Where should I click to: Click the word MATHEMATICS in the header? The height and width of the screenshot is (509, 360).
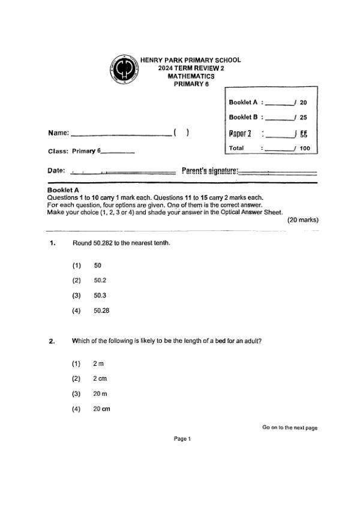click(191, 76)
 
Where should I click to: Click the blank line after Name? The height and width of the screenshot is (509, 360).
click(121, 134)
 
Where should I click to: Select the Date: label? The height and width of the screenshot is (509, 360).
click(56, 171)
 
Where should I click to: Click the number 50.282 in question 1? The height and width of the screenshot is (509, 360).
click(103, 243)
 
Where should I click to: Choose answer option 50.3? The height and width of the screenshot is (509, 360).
click(100, 296)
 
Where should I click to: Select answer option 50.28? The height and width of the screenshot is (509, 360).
click(101, 311)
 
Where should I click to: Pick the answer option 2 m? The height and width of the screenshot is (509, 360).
click(98, 363)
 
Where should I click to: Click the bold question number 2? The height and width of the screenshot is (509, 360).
click(52, 341)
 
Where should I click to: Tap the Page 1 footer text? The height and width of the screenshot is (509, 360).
click(182, 439)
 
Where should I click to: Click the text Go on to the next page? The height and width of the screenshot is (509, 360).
click(290, 427)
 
